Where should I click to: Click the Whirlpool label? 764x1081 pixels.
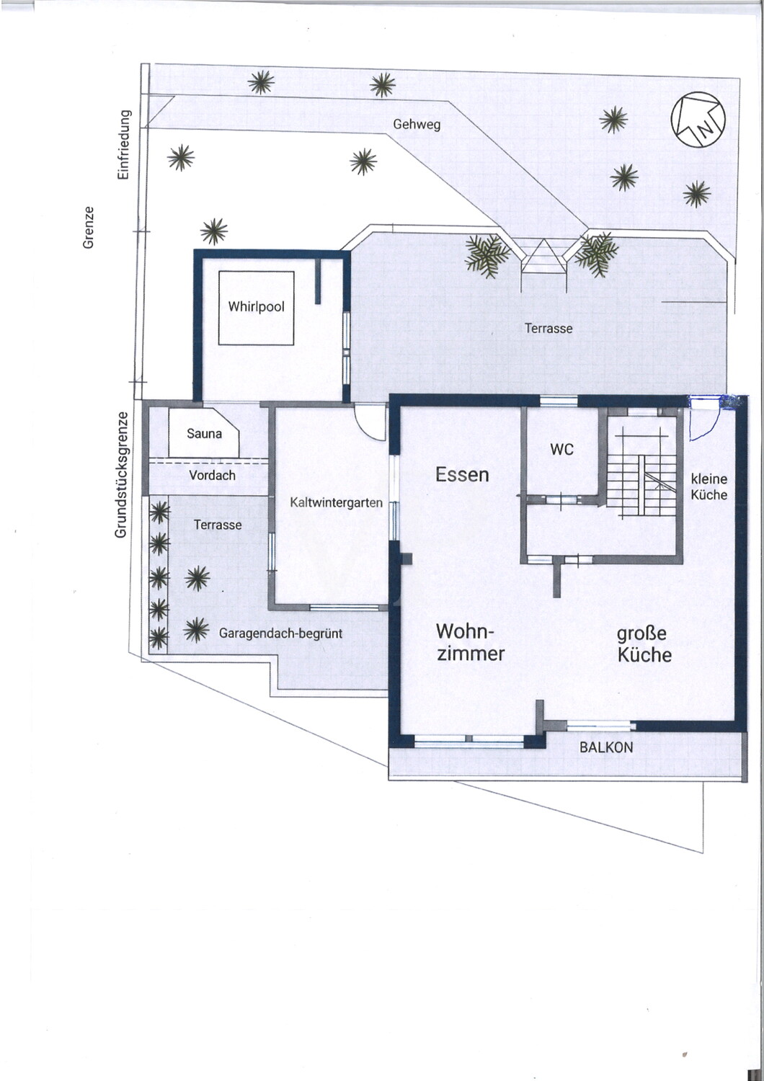(257, 307)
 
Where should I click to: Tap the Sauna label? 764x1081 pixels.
(204, 433)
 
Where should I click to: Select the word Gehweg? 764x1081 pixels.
(417, 125)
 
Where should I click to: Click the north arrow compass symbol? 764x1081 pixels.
(698, 119)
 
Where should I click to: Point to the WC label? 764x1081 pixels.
(562, 450)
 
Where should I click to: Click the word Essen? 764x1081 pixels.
(462, 475)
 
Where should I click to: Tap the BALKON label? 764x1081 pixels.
(606, 747)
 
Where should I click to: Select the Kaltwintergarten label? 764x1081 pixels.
(337, 502)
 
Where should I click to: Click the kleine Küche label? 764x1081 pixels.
(709, 487)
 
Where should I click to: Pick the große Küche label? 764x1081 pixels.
(644, 644)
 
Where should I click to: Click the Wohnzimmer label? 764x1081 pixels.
(471, 642)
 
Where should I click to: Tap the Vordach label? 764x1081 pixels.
(213, 476)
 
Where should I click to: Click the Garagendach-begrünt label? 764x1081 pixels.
(281, 633)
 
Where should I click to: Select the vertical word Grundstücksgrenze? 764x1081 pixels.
(120, 474)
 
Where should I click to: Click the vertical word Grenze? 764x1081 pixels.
(89, 228)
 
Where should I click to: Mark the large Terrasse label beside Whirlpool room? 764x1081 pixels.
(548, 329)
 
